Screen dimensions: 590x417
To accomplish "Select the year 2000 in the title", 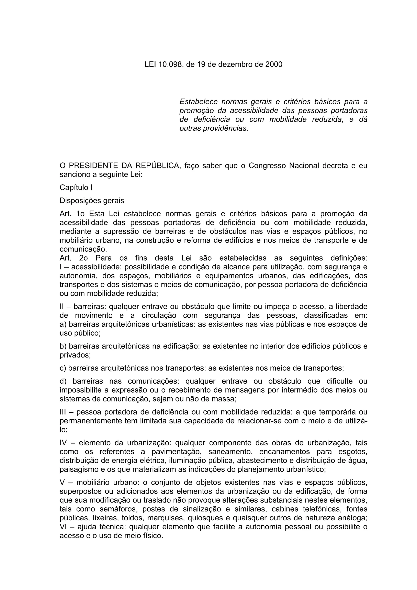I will coord(274,64).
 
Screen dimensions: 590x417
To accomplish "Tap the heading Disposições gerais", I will coord(92,201).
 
